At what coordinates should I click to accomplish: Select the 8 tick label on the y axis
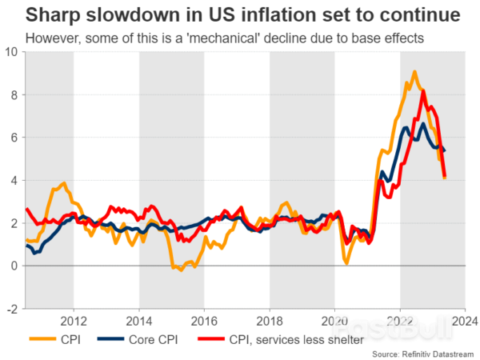(14, 94)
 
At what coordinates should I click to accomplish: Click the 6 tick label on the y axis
(14, 138)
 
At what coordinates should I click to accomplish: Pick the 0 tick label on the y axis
(14, 266)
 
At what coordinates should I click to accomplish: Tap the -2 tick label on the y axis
(12, 309)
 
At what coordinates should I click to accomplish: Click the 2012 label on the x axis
(74, 322)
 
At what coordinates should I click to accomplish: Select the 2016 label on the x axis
(204, 322)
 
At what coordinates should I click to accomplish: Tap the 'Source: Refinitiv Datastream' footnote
(422, 353)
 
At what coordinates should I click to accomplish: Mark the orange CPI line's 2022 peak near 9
(414, 72)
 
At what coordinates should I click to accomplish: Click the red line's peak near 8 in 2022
(422, 92)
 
